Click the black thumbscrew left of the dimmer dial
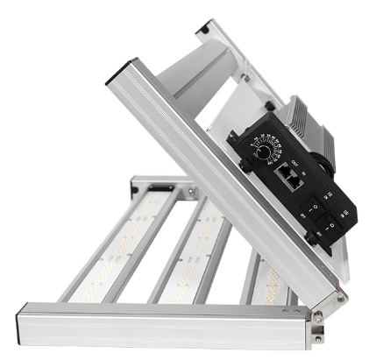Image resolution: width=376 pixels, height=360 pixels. click(243, 164)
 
